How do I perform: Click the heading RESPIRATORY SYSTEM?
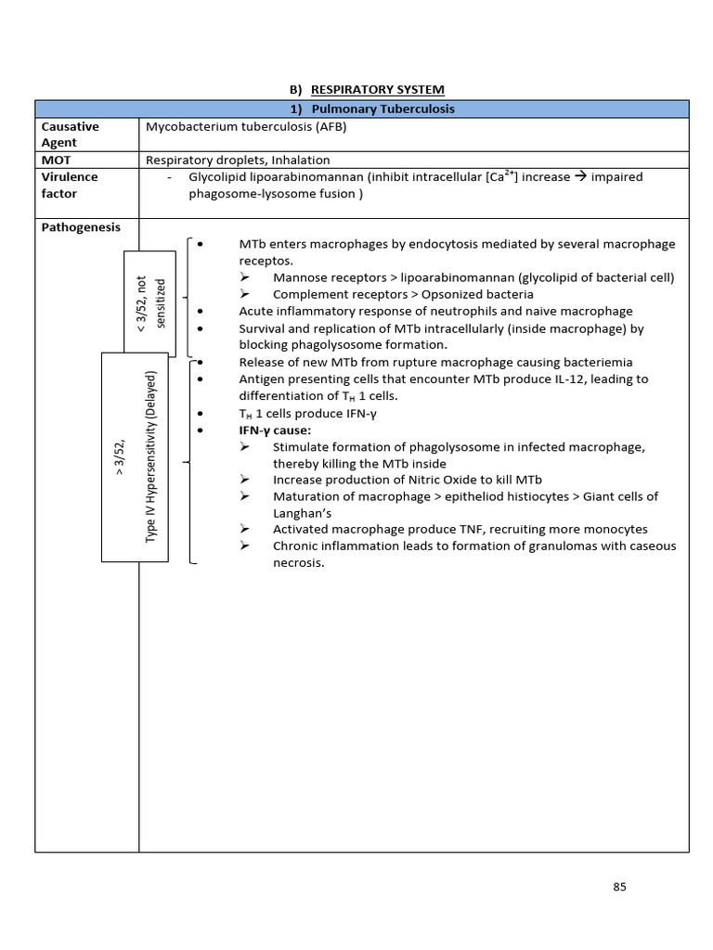point(377,90)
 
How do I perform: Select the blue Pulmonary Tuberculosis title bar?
point(361,109)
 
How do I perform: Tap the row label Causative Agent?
point(71,134)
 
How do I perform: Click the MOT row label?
point(57,160)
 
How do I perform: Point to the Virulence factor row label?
point(70,185)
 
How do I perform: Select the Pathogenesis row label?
point(81,227)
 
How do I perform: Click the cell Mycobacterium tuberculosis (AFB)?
point(245,126)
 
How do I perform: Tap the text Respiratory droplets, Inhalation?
point(238,160)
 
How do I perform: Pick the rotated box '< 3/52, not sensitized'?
point(147,302)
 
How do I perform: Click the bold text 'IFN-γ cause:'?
point(276,430)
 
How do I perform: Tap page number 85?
point(620,886)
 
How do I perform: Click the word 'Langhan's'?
point(302,512)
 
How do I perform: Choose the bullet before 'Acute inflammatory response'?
point(201,312)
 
